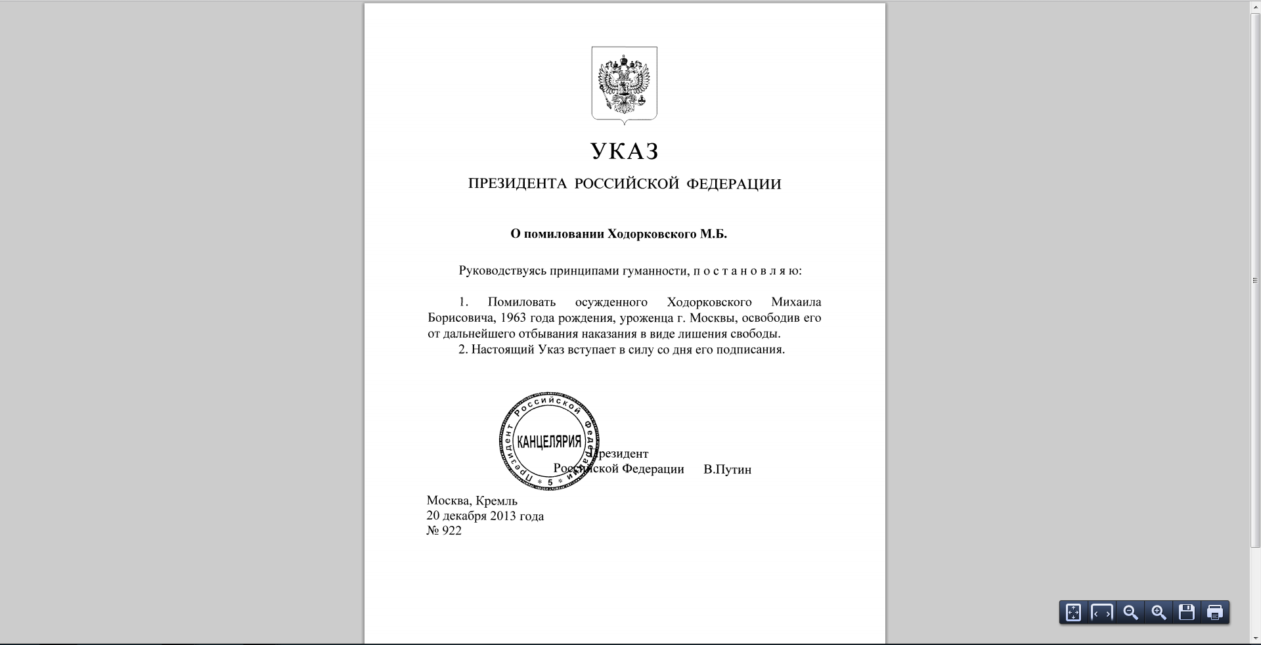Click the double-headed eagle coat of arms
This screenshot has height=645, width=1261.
624,83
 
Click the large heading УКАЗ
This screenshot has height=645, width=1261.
624,152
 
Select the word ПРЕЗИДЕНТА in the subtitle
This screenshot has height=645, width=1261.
517,184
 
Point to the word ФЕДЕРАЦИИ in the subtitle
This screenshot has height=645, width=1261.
734,184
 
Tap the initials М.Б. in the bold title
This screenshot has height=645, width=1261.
713,234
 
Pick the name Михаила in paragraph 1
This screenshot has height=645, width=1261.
796,302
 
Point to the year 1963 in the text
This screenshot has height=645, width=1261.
513,318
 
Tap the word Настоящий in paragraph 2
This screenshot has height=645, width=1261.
502,349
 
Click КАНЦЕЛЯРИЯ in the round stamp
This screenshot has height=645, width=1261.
549,441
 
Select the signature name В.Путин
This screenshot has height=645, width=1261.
727,470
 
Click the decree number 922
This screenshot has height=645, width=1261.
451,531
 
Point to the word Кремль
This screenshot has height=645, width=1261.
497,500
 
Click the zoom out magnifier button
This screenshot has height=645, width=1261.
1130,613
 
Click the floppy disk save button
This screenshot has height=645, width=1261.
1187,613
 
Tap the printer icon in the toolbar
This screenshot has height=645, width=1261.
1214,613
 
